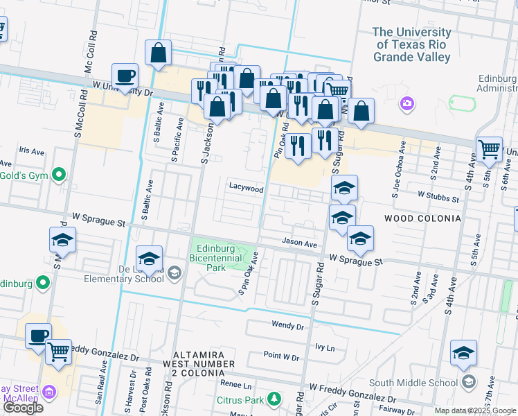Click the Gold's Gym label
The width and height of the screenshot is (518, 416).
(x=24, y=175)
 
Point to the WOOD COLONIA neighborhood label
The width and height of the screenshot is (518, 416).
(x=422, y=218)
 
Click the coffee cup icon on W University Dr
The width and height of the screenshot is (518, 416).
(x=125, y=76)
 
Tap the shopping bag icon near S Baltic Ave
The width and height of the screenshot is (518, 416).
(x=158, y=53)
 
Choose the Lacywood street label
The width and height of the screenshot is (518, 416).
(x=247, y=189)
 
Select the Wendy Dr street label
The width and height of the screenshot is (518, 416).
(x=288, y=325)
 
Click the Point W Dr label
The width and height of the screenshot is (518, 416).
(x=281, y=357)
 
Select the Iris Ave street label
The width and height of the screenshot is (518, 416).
(x=32, y=150)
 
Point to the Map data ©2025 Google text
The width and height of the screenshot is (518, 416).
(x=475, y=410)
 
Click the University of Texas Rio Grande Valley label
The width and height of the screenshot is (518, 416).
(x=412, y=44)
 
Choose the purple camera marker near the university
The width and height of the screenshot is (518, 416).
(x=407, y=104)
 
